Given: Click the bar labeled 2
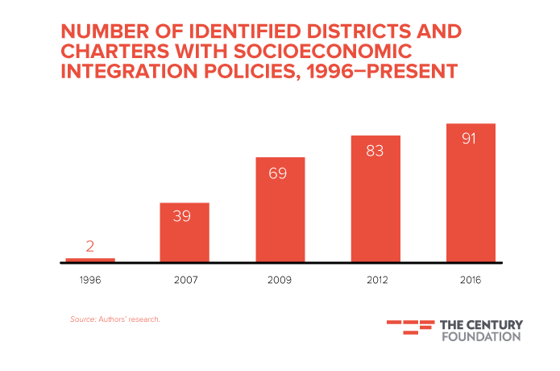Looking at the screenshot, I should tap(90, 260).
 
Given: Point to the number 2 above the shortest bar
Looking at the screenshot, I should tap(90, 246).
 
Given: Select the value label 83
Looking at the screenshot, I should tap(375, 150).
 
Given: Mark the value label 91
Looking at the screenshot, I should tap(471, 138).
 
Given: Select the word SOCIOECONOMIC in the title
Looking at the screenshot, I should tap(323, 52).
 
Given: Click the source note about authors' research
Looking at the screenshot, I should tap(115, 320).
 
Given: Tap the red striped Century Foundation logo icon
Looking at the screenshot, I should tap(409, 327).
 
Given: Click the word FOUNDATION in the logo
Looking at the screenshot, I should tap(481, 336).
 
